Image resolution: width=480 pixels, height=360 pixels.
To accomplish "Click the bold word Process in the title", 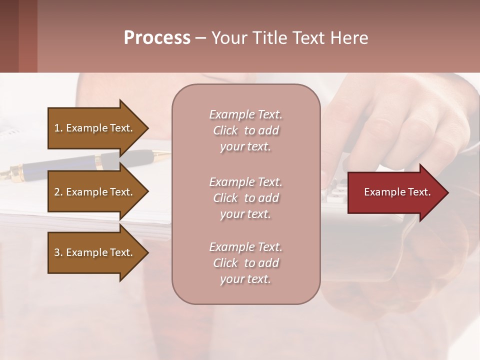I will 157,38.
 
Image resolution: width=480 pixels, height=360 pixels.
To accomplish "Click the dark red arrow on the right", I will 395,192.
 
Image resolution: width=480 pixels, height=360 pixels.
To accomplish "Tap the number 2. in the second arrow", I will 58,192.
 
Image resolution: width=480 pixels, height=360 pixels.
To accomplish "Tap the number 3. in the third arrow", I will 58,252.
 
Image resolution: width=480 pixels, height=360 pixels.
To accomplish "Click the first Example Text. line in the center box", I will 245,114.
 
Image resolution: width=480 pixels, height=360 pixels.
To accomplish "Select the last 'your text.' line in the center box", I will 245,279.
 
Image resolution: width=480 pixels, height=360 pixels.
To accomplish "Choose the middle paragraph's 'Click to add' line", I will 245,198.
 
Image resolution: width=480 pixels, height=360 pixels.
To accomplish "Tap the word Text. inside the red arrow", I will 419,192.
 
